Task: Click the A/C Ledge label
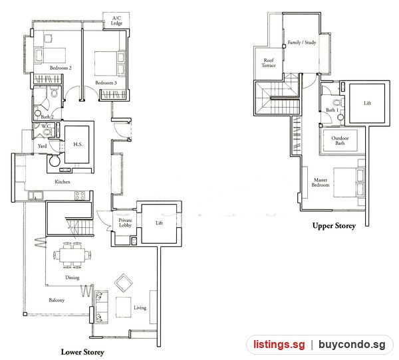click(116, 21)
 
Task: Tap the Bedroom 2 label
click(61, 68)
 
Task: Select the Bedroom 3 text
click(106, 82)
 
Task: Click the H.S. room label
click(78, 144)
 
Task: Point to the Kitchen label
click(63, 181)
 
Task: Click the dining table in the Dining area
click(72, 255)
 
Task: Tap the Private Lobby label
click(125, 223)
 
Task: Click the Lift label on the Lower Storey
click(160, 223)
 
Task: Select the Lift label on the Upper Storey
click(367, 103)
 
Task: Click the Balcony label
click(57, 300)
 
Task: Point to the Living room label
click(140, 308)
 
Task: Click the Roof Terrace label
click(269, 63)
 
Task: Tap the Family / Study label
click(302, 43)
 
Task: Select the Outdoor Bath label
click(340, 141)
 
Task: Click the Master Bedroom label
click(321, 182)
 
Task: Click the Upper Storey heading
click(334, 226)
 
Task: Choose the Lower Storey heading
click(82, 352)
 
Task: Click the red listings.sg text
click(279, 345)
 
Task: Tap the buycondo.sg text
click(352, 345)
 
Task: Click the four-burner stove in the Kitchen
click(80, 195)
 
